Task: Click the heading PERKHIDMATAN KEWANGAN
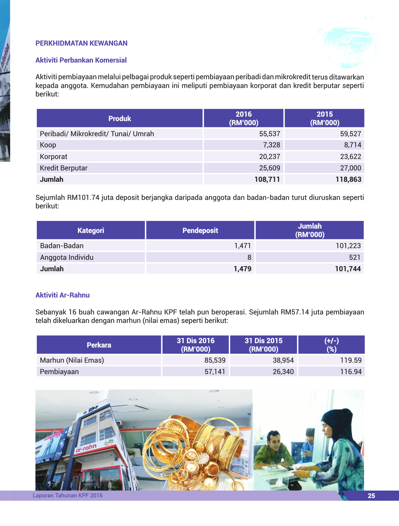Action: (x=81, y=43)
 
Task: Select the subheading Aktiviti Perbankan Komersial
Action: (x=81, y=60)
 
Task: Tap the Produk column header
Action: (x=119, y=118)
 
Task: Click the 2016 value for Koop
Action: (x=271, y=145)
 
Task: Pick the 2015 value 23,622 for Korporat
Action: (x=351, y=157)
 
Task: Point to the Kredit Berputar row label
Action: (x=64, y=168)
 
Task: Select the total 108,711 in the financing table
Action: (x=267, y=179)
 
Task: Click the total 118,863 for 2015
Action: (x=348, y=179)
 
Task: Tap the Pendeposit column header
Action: (x=200, y=231)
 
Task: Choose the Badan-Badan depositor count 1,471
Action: (x=242, y=246)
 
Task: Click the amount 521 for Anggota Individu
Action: (x=355, y=257)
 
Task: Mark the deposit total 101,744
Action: (x=348, y=269)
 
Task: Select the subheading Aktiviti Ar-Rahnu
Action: (x=63, y=295)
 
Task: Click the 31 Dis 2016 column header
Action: (x=195, y=345)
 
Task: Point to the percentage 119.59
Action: (x=351, y=360)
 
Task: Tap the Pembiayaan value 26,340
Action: (x=283, y=372)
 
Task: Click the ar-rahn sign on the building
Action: (x=86, y=448)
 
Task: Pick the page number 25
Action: (x=371, y=496)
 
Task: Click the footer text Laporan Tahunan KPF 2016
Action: (x=68, y=495)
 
